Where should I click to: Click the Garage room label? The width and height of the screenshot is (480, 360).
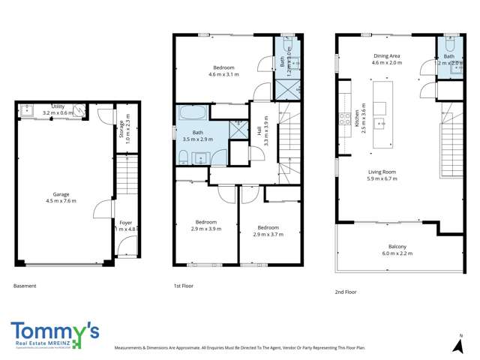(x=61, y=197)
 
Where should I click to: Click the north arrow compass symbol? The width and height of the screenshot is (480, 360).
(x=458, y=345)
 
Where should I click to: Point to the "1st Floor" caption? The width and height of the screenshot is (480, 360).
(x=183, y=286)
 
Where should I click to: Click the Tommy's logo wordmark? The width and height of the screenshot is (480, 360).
(x=55, y=331)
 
